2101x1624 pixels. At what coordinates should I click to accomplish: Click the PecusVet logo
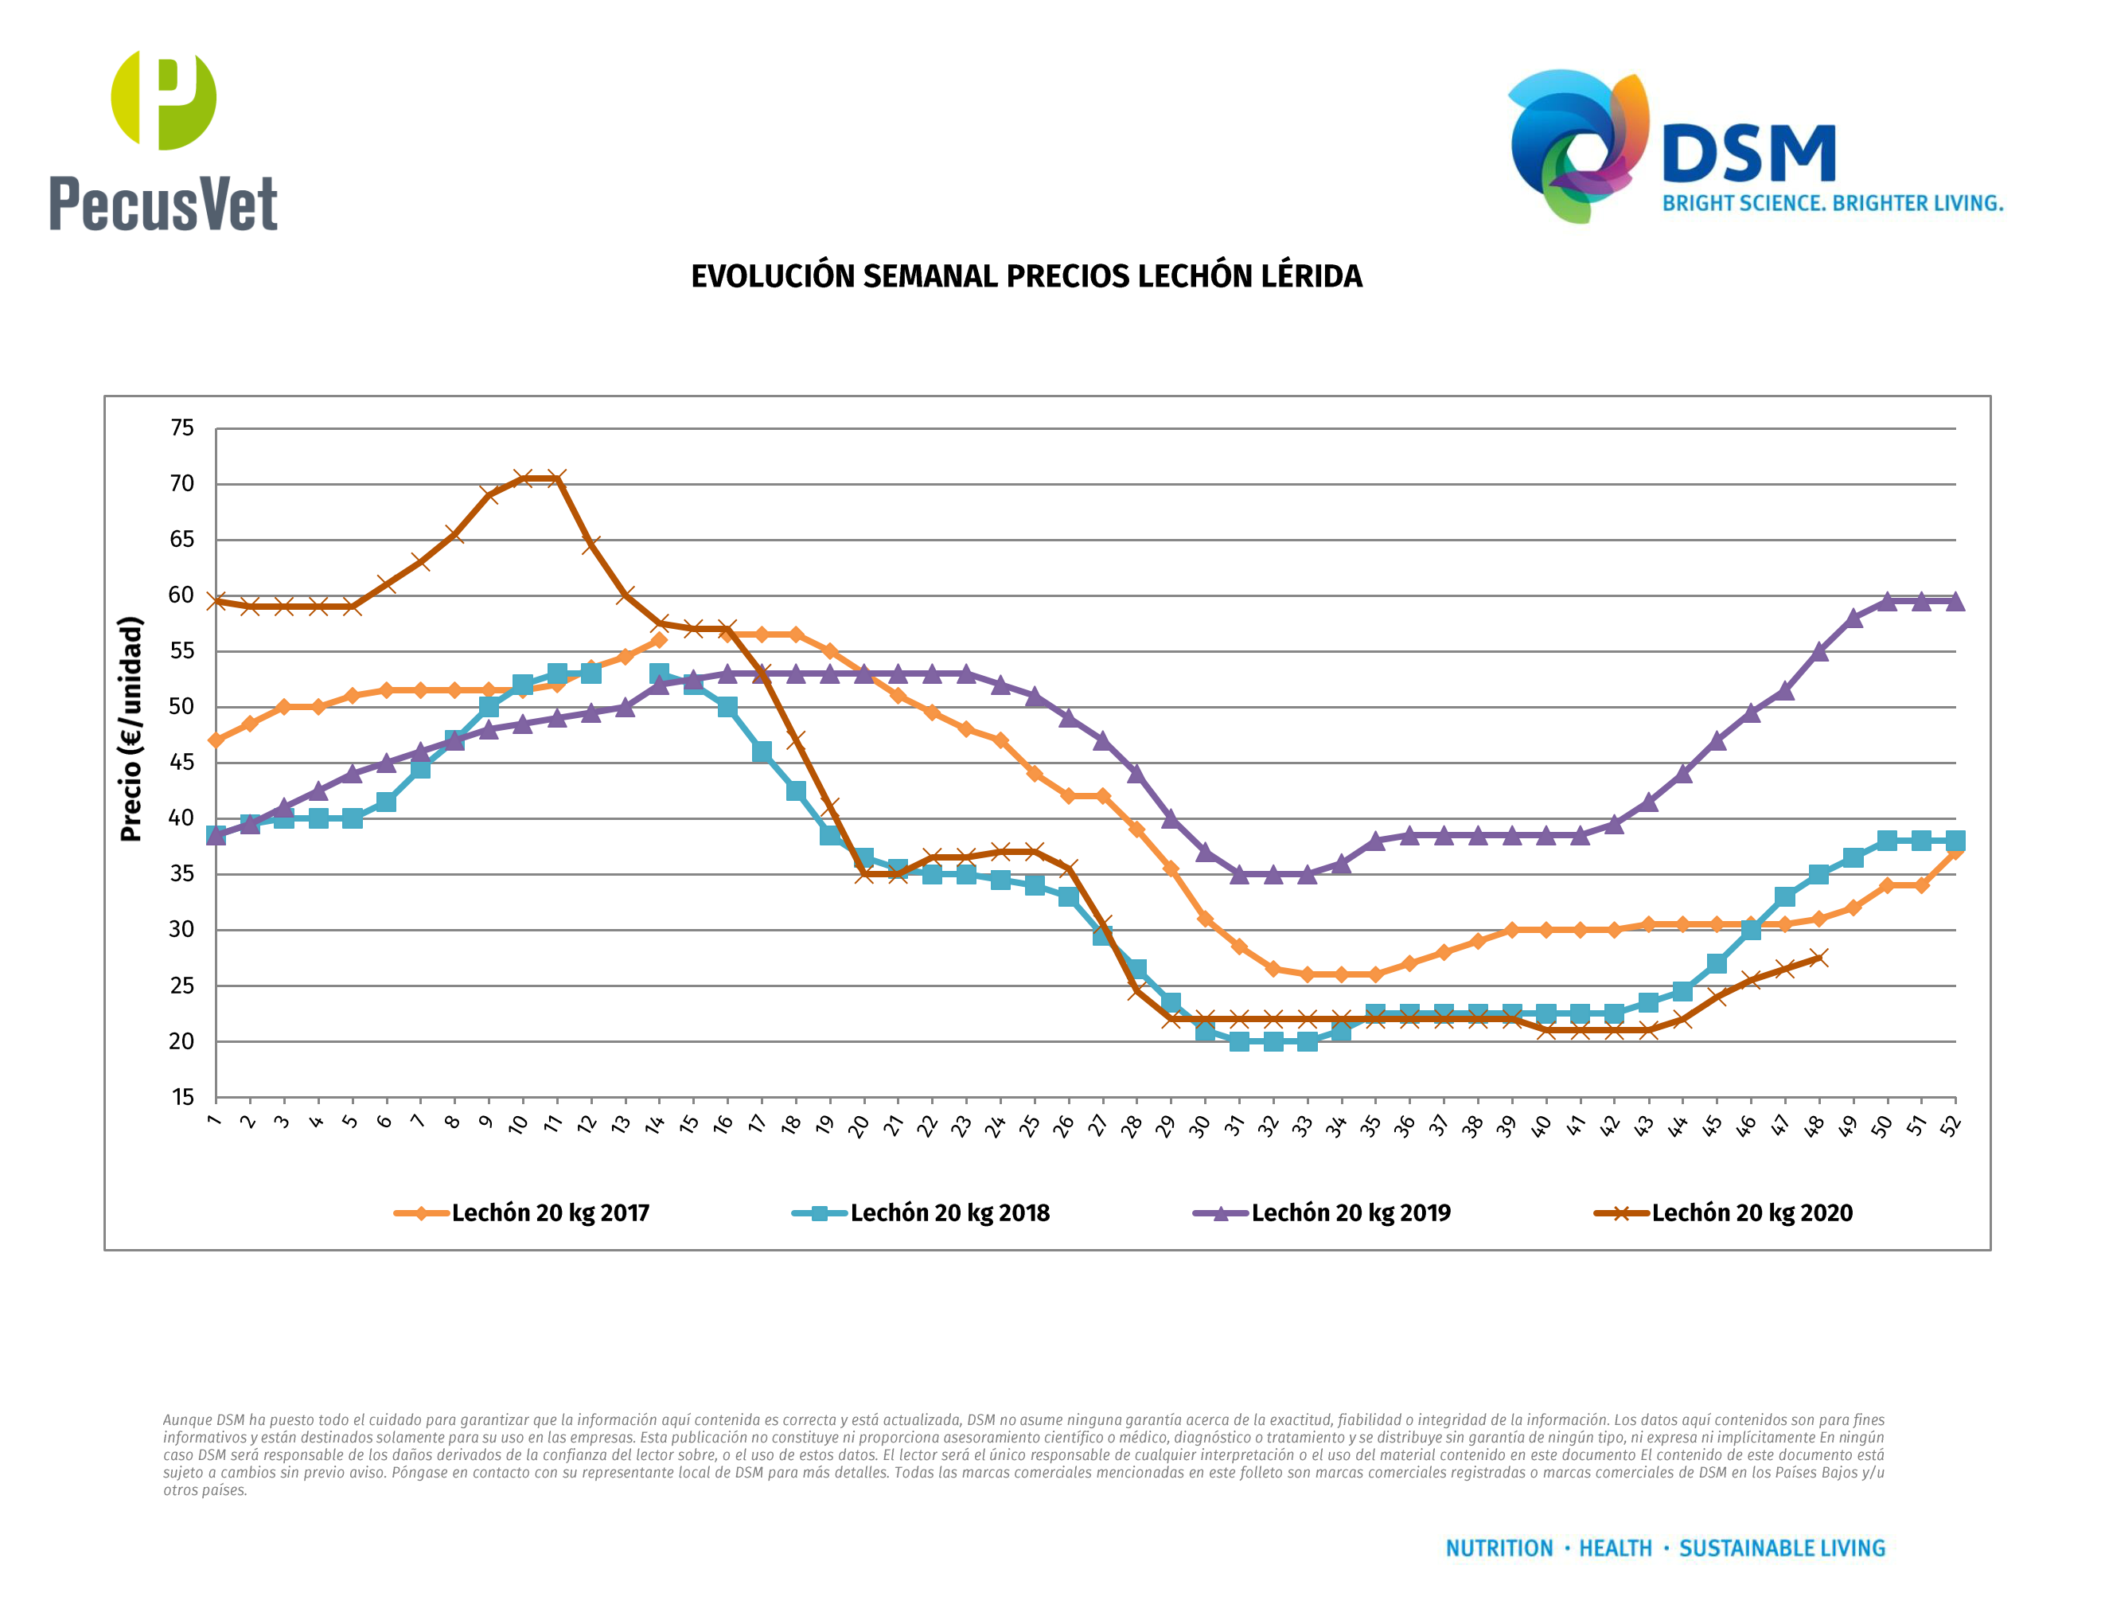click(163, 142)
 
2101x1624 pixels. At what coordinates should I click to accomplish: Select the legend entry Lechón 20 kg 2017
click(550, 1213)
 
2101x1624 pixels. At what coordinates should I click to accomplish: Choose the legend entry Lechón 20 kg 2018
click(949, 1213)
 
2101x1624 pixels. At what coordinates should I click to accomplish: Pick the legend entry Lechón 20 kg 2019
click(1350, 1213)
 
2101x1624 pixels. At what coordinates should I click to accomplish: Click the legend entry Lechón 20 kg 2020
click(1751, 1213)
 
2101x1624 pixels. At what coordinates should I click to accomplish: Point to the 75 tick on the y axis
click(181, 428)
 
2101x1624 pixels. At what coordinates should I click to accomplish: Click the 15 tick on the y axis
click(181, 1098)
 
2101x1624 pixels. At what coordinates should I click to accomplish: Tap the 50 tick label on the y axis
click(181, 707)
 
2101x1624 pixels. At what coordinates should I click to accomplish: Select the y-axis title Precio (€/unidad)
click(131, 729)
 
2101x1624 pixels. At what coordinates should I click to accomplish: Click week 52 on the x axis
click(1950, 1126)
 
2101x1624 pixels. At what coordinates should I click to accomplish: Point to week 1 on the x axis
click(213, 1122)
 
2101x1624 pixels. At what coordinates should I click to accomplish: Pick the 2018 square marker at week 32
click(1273, 1041)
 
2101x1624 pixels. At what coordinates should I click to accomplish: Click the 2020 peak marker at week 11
click(557, 478)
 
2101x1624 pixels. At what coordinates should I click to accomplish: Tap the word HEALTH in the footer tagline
click(1616, 1548)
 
